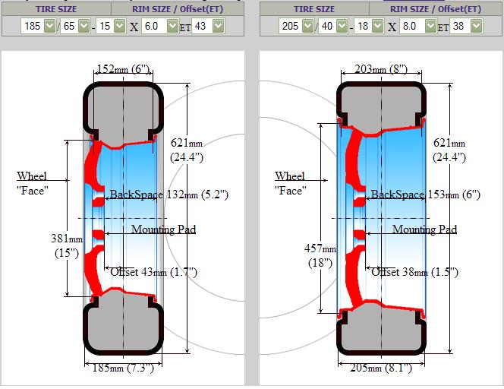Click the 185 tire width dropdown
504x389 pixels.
(x=39, y=26)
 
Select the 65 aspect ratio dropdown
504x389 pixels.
(x=75, y=26)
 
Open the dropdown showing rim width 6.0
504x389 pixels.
(x=160, y=26)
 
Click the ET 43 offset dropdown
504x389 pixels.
(x=208, y=26)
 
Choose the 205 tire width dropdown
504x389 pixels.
(x=296, y=26)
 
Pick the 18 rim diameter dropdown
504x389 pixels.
(x=369, y=26)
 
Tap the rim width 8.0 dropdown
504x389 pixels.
(x=418, y=26)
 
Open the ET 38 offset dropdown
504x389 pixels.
(x=466, y=26)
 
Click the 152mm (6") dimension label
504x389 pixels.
(x=123, y=69)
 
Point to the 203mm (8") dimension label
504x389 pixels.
(x=381, y=69)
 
